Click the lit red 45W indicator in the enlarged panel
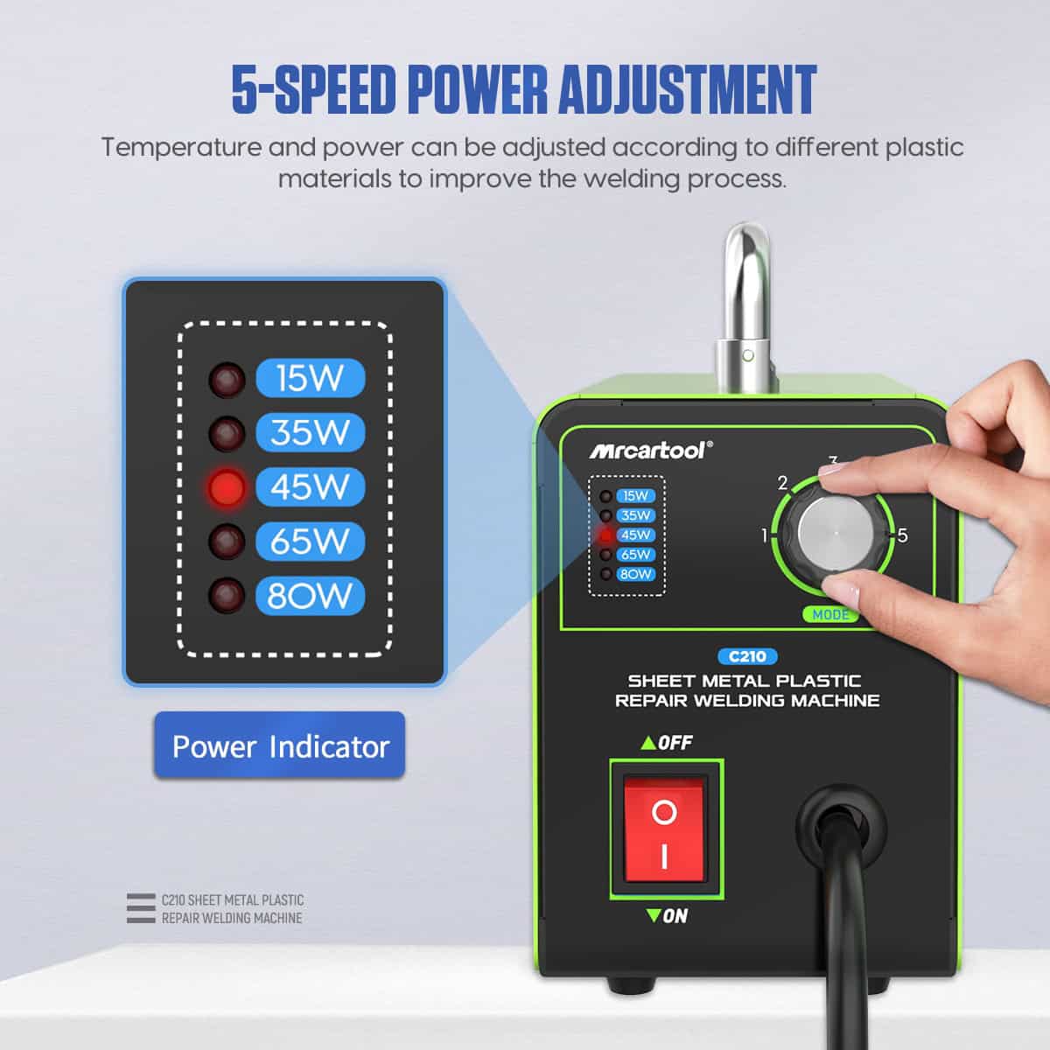point(227,487)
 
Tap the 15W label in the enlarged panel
point(310,378)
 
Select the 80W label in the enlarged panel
point(310,596)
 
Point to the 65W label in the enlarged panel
point(310,542)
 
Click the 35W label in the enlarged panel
point(310,432)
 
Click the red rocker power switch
point(664,829)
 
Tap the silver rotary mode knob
point(836,535)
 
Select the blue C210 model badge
point(747,656)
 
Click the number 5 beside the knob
point(903,535)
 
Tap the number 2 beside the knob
point(783,482)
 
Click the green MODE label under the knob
point(830,615)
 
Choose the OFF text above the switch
point(675,743)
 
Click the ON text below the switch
point(675,916)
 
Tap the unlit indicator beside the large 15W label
point(227,379)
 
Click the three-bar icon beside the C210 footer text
point(140,908)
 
